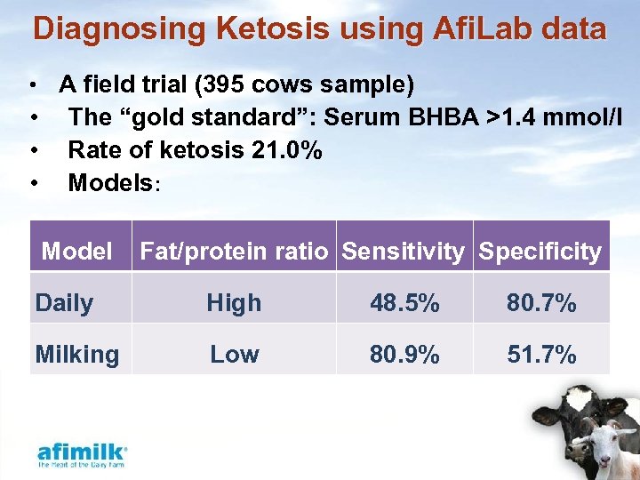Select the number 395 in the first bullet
pos(224,85)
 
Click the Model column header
pos(77,252)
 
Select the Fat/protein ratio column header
pos(234,252)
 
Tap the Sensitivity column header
pos(403,252)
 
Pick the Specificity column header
pos(540,252)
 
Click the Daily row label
pos(64,303)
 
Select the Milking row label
pos(76,355)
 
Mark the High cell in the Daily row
pos(234,303)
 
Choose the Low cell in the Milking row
pos(234,355)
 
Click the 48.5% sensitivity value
pos(404,303)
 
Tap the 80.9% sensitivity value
pos(404,355)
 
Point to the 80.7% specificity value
pos(541,303)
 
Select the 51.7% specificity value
pos(541,355)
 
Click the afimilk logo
pos(82,453)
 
